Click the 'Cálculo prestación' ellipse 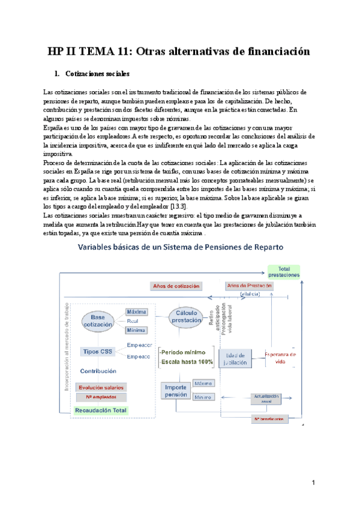pyautogui.click(x=185, y=316)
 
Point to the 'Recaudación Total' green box pyautogui.click(x=102, y=411)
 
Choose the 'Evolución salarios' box pyautogui.click(x=101, y=388)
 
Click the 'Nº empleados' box pyautogui.click(x=101, y=397)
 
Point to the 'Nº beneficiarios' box pyautogui.click(x=269, y=418)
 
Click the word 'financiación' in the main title pyautogui.click(x=272, y=52)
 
